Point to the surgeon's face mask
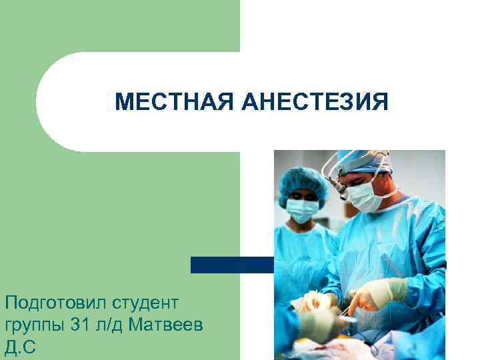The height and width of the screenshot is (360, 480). pyautogui.click(x=364, y=196)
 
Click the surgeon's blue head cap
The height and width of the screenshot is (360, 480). pyautogui.click(x=363, y=160)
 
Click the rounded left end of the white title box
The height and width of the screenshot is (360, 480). pyautogui.click(x=53, y=102)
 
